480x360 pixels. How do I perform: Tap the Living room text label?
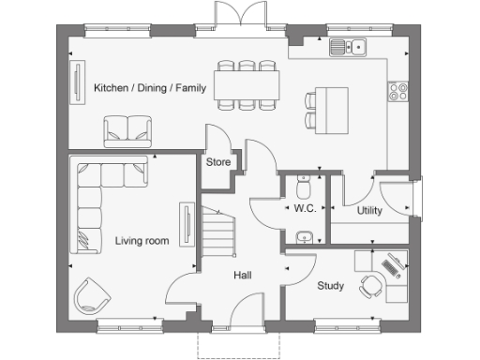pos(142,241)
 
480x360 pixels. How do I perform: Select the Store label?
pos(218,162)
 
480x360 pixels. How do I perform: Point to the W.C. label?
pos(305,208)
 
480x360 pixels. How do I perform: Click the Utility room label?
pos(369,211)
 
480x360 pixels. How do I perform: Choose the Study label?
pos(330,286)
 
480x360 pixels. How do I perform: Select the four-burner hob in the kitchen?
pos(397,91)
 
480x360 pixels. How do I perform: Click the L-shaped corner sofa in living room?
pos(94,202)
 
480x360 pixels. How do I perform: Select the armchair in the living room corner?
pos(93,295)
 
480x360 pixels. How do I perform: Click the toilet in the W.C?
pos(303,180)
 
